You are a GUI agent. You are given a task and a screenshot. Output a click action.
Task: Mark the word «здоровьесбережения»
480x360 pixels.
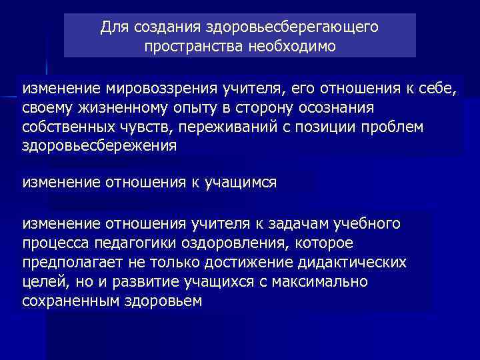[99, 146]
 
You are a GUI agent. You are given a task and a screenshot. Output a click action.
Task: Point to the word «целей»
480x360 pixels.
[40, 281]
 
